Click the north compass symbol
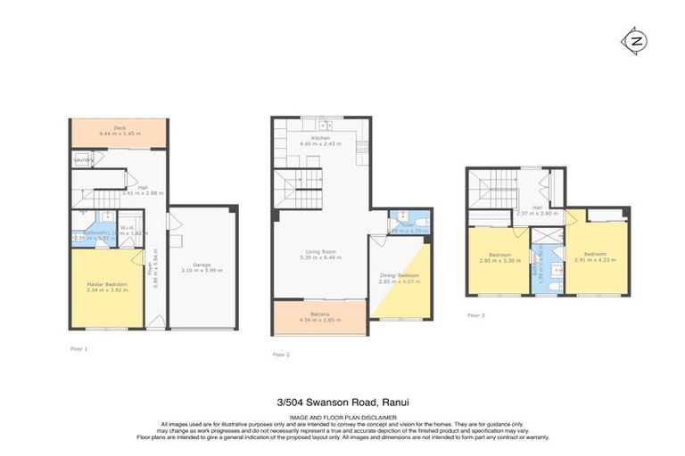pyautogui.click(x=635, y=42)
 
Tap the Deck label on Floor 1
pyautogui.click(x=119, y=128)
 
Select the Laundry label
pyautogui.click(x=84, y=160)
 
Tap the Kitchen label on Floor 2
pyautogui.click(x=321, y=138)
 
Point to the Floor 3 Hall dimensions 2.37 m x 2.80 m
pyautogui.click(x=537, y=213)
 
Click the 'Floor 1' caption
pyautogui.click(x=79, y=348)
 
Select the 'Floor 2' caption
pyautogui.click(x=282, y=354)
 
